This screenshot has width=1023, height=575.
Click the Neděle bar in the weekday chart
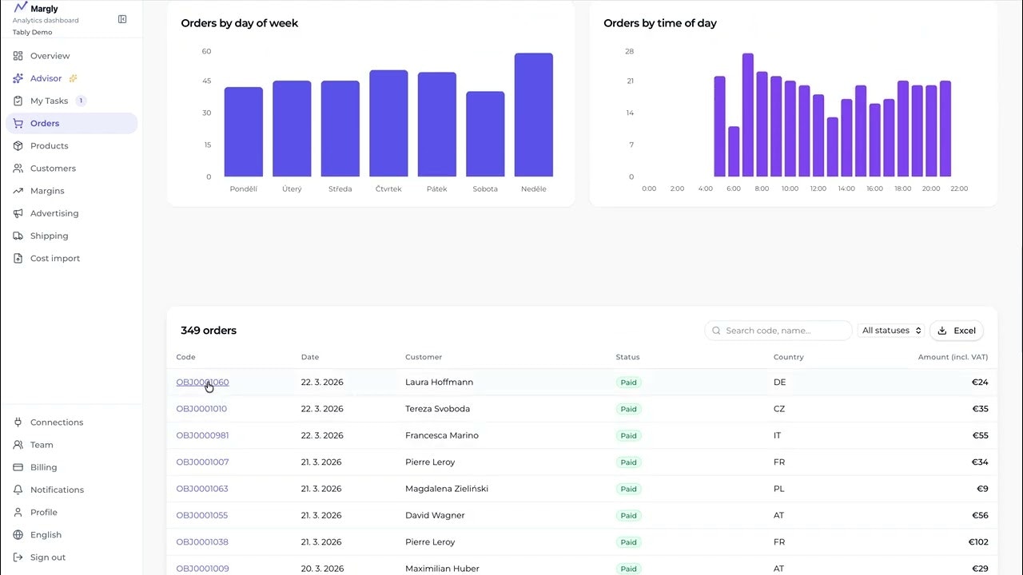point(533,115)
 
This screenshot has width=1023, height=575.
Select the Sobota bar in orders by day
point(485,134)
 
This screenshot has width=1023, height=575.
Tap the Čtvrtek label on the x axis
point(388,189)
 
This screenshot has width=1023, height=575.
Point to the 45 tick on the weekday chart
point(207,81)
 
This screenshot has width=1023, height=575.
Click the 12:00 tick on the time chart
point(818,189)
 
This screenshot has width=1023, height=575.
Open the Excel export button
point(957,331)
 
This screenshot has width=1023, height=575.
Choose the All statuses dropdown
point(892,331)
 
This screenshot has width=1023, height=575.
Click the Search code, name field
point(778,331)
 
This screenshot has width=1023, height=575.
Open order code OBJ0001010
point(201,409)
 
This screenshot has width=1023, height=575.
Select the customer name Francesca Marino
point(442,435)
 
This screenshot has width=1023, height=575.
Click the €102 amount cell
point(978,542)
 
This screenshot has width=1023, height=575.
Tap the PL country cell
point(779,489)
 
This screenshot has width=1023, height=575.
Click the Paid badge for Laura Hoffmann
point(629,383)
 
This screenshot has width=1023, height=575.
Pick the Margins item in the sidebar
point(47,191)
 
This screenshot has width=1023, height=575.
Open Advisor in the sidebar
point(46,78)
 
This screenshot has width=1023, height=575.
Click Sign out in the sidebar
point(48,557)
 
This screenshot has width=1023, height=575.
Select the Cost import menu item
point(55,259)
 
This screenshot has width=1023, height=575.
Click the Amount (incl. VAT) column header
point(953,357)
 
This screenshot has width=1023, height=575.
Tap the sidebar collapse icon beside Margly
point(122,19)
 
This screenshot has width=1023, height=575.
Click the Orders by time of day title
point(660,23)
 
